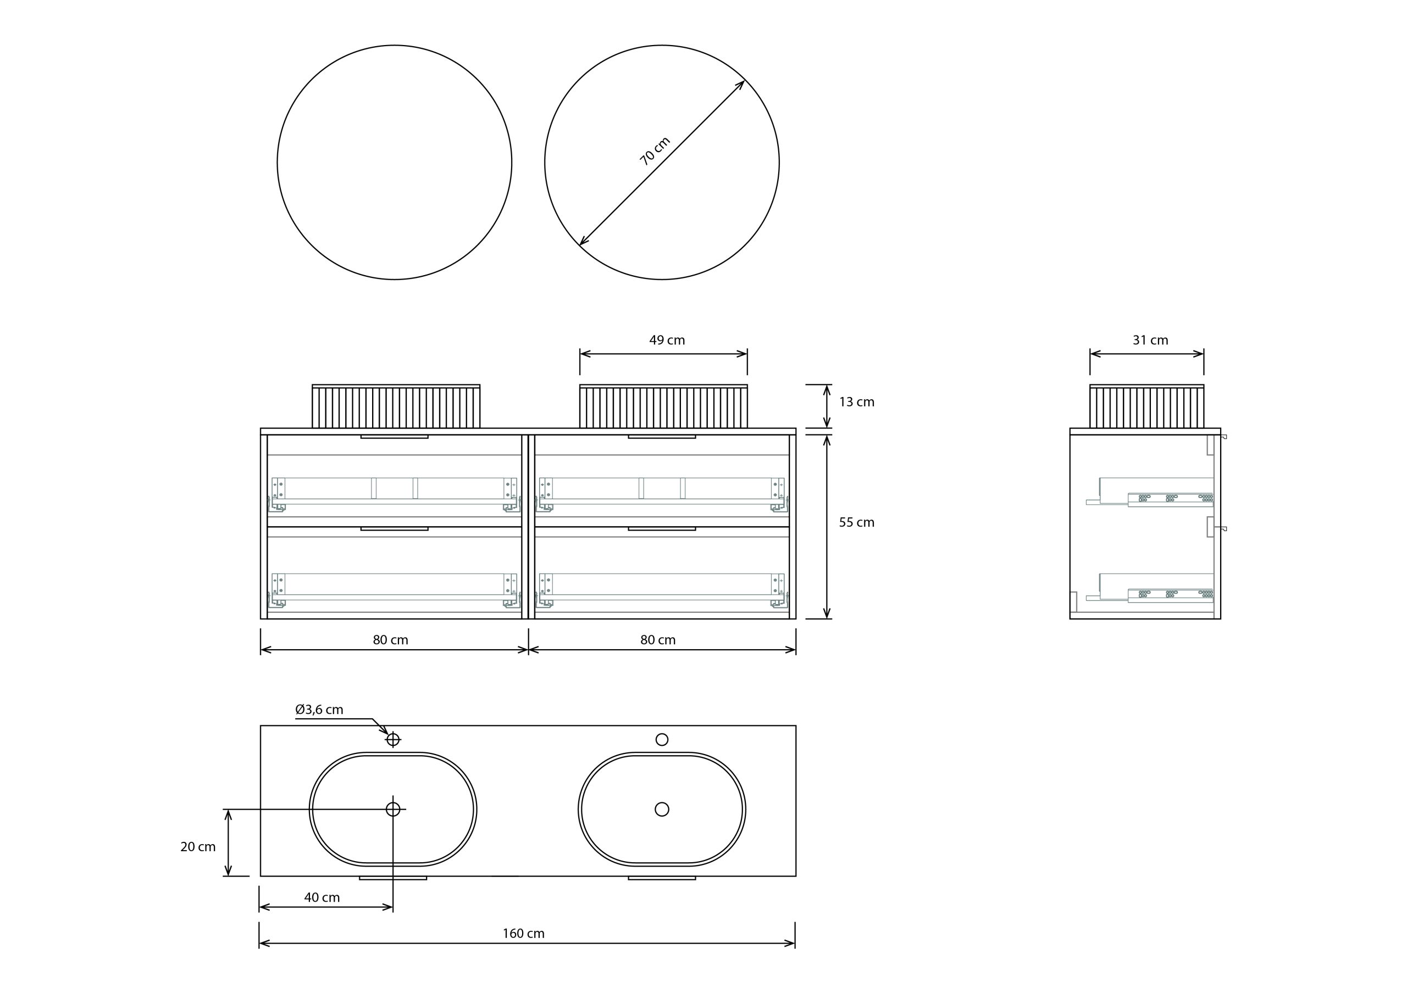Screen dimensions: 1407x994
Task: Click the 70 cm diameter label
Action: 655,150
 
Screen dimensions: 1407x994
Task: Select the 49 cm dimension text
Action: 667,340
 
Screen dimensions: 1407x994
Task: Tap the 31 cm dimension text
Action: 1150,340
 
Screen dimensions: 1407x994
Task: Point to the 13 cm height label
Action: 857,402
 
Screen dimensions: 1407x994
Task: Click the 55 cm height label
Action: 857,522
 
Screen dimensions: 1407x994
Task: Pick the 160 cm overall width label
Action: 523,934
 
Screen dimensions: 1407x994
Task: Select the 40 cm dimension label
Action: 322,897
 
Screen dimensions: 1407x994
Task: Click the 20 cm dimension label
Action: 198,846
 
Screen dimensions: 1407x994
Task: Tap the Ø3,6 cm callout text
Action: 319,709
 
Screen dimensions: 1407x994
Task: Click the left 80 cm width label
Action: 390,640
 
